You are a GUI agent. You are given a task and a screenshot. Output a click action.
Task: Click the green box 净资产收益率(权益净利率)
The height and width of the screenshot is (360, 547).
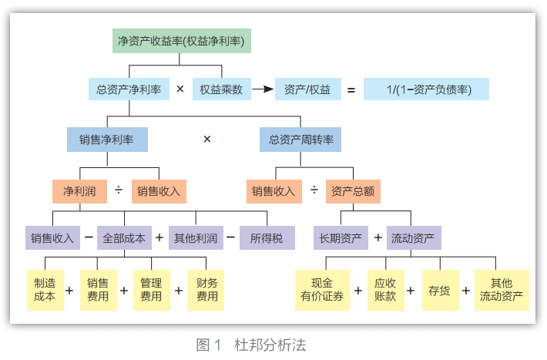pyautogui.click(x=183, y=40)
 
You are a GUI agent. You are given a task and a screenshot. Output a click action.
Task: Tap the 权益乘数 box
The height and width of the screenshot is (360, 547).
pyautogui.click(x=221, y=89)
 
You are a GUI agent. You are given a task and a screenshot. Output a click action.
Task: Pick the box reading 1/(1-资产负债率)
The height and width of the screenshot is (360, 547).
pyautogui.click(x=427, y=89)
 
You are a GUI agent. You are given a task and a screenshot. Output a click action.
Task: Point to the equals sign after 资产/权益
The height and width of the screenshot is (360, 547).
pyautogui.click(x=351, y=90)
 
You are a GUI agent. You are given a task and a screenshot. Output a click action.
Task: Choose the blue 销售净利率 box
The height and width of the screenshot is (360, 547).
pyautogui.click(x=107, y=140)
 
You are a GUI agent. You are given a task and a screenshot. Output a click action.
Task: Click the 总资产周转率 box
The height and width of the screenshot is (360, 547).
pyautogui.click(x=300, y=140)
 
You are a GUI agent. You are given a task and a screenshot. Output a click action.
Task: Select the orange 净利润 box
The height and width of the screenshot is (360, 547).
pyautogui.click(x=79, y=190)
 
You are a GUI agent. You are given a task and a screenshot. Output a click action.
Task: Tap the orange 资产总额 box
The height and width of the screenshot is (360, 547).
pyautogui.click(x=352, y=190)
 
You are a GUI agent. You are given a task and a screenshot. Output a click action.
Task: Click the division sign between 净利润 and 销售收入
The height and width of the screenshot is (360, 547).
pyautogui.click(x=119, y=190)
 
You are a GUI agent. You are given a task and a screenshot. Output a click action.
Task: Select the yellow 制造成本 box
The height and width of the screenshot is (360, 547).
pyautogui.click(x=45, y=290)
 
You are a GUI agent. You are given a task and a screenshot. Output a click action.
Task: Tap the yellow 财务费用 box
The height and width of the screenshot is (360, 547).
pyautogui.click(x=206, y=290)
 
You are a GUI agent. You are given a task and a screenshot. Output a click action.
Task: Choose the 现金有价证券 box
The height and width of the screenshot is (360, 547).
pyautogui.click(x=322, y=290)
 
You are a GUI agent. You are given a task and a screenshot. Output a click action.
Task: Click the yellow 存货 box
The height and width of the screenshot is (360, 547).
pyautogui.click(x=440, y=290)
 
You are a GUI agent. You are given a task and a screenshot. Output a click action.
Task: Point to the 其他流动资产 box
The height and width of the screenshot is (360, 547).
pyautogui.click(x=502, y=290)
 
